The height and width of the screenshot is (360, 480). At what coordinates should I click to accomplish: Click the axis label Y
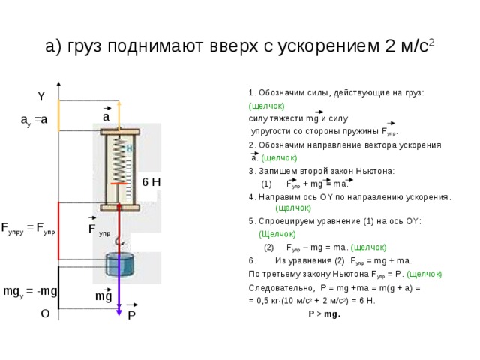(41, 96)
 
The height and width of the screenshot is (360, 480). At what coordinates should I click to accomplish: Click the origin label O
(45, 315)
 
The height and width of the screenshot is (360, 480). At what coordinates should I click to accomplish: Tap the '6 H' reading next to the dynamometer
(151, 181)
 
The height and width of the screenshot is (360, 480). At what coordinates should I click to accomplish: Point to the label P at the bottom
(131, 316)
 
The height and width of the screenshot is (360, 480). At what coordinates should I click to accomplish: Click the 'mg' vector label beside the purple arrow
(103, 295)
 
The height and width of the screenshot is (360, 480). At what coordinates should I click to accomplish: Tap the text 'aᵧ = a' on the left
(34, 120)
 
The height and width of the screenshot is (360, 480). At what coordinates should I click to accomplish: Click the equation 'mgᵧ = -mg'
(31, 290)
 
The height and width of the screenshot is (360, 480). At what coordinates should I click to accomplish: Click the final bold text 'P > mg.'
(324, 314)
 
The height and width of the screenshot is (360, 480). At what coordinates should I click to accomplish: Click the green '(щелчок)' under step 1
(265, 106)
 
